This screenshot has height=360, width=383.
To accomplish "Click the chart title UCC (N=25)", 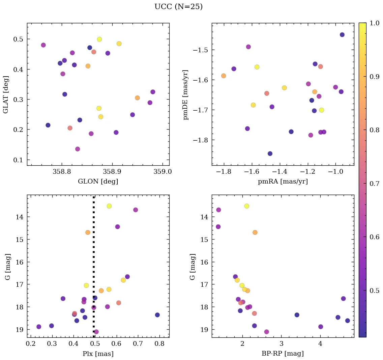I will (x=178, y=7).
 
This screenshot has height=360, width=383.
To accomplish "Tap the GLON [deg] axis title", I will (x=98, y=182).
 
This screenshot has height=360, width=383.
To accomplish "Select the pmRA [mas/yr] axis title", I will (x=283, y=182).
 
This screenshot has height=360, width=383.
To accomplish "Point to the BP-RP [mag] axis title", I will (x=283, y=353).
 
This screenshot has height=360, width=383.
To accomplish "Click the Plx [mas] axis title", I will (x=98, y=353).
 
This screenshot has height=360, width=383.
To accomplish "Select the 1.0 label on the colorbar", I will (x=375, y=23).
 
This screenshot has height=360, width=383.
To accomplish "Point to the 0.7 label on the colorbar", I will (x=375, y=184).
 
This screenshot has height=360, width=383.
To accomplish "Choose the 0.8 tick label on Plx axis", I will (x=159, y=344).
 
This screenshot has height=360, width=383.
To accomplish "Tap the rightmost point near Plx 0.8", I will (x=157, y=315).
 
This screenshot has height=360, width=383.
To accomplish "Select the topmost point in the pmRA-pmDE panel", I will (x=342, y=35).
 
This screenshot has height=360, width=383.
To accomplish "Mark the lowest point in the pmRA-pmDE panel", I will (x=270, y=154).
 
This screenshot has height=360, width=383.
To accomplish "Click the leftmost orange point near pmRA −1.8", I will (x=224, y=76).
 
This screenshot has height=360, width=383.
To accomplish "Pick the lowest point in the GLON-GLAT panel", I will (x=78, y=149).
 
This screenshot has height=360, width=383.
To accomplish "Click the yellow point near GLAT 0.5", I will (x=99, y=39).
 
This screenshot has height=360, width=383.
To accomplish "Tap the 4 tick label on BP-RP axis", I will (x=320, y=344).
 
